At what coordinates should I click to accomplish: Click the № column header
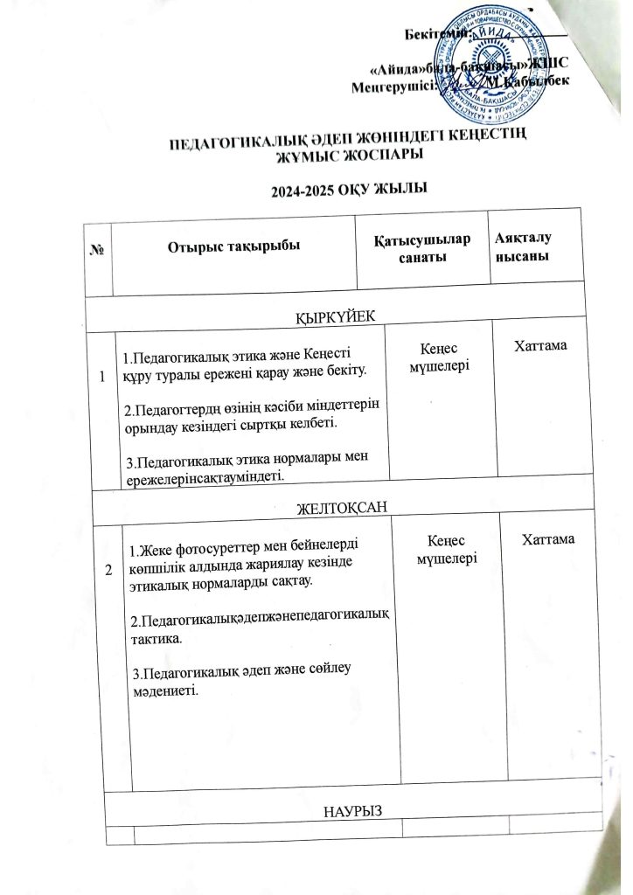97,248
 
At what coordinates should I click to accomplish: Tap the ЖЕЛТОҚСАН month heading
341,508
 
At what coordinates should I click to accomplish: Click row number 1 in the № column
103,377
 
